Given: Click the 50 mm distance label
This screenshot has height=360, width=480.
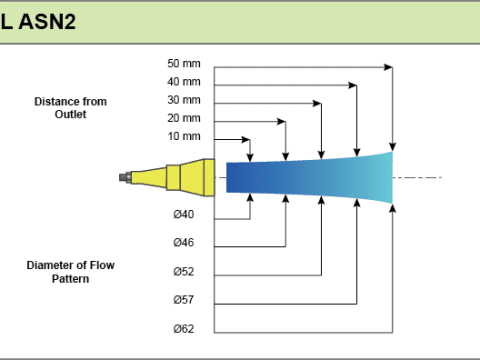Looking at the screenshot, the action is point(184,63).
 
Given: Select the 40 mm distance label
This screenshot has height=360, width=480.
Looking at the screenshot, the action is point(184,82).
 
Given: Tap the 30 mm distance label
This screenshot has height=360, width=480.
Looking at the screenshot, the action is point(184,100).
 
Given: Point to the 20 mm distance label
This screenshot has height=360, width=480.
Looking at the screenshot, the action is point(184,118).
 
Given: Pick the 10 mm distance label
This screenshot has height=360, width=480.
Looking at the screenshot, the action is point(184,136).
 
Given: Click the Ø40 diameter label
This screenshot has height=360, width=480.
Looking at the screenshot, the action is point(183,214).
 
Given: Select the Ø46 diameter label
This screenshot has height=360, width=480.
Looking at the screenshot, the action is point(183,242).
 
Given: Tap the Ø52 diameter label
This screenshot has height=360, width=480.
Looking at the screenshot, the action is point(183,271).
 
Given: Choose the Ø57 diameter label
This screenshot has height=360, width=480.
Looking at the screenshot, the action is point(183,300).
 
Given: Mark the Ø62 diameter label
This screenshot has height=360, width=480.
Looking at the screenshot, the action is point(183,329).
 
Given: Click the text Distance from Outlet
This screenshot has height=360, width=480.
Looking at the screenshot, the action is point(70,108).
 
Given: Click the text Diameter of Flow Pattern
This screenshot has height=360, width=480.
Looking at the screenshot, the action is point(70,272).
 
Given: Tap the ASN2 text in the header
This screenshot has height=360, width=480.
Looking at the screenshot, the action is point(47,22).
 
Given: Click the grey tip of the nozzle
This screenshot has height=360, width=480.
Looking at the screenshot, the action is point(125,177).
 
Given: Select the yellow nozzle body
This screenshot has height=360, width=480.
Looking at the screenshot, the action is point(173,177).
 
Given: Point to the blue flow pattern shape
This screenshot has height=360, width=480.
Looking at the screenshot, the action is point(309,177).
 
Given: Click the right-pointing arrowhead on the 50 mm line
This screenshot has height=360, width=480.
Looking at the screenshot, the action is point(388,67).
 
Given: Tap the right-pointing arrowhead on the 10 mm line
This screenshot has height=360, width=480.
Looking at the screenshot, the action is point(245,139).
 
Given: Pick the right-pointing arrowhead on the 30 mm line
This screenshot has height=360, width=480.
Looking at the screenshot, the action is point(317,103).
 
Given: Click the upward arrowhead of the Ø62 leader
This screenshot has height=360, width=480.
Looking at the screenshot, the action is point(393,208).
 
